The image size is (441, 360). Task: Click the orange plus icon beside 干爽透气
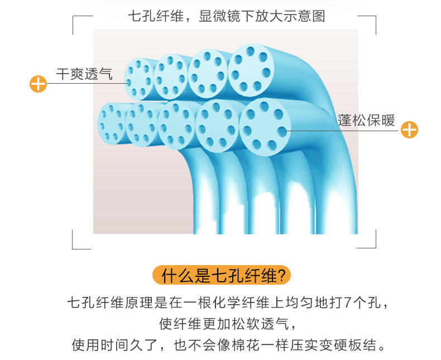[x=37, y=84]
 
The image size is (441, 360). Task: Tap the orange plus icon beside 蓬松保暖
[x=410, y=130]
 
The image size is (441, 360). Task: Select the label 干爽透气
[x=84, y=74]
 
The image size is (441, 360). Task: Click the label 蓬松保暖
[x=366, y=120]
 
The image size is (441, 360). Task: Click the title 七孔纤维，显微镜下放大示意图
[x=226, y=16]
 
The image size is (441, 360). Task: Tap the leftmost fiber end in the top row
[x=138, y=79]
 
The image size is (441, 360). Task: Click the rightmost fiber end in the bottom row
[x=266, y=127]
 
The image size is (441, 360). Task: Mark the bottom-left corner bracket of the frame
[x=79, y=242]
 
